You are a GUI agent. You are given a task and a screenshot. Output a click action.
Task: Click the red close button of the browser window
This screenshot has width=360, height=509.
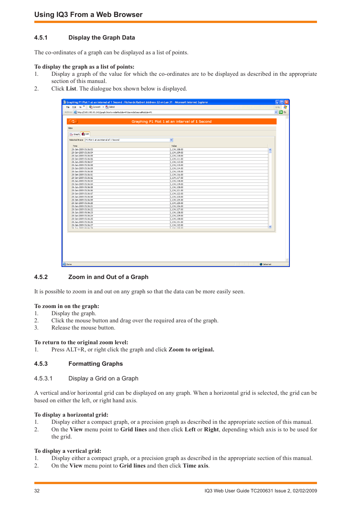pyautogui.click(x=287, y=102)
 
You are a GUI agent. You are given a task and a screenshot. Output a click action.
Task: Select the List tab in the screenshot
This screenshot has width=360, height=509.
pyautogui.click(x=86, y=134)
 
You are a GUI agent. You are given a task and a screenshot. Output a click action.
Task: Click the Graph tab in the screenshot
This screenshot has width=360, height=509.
pyautogui.click(x=75, y=134)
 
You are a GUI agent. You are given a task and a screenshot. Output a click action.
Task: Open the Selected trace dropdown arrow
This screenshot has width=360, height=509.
pyautogui.click(x=171, y=140)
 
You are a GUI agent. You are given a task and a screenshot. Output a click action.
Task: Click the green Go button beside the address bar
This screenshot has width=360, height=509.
pyautogui.click(x=281, y=112)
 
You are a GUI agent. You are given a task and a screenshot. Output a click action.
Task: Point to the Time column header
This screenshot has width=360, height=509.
pyautogui.click(x=75, y=146)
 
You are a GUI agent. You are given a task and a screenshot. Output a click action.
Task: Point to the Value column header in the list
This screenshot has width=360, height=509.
pyautogui.click(x=174, y=146)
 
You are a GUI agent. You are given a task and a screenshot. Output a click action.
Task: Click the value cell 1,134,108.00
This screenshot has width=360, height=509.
pyautogui.click(x=177, y=149)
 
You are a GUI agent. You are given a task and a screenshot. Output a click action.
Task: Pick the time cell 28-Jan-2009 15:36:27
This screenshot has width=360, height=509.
pyautogui.click(x=82, y=225)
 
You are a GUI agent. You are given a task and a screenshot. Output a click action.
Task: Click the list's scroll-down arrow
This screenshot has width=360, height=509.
pyautogui.click(x=270, y=227)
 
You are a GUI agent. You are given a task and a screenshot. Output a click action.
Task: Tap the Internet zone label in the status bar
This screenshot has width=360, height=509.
pyautogui.click(x=267, y=264)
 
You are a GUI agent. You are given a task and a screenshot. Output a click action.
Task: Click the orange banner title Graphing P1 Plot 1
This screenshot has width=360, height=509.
pyautogui.click(x=171, y=121)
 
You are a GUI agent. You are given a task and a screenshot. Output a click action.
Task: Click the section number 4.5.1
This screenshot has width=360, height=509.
pyautogui.click(x=41, y=38)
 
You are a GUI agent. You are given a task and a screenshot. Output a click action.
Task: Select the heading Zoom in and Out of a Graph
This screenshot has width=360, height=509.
pyautogui.click(x=108, y=277)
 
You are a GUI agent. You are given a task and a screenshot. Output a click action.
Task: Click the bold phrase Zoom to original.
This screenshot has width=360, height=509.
pyautogui.click(x=191, y=350)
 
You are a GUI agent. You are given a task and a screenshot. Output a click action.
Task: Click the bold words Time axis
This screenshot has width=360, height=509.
pyautogui.click(x=195, y=466)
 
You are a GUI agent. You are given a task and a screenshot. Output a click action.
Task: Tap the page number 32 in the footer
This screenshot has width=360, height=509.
pyautogui.click(x=37, y=491)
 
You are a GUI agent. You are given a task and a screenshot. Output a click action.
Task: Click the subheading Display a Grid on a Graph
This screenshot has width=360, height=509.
pyautogui.click(x=103, y=379)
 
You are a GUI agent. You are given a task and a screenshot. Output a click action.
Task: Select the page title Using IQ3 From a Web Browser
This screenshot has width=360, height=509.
pyautogui.click(x=88, y=15)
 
